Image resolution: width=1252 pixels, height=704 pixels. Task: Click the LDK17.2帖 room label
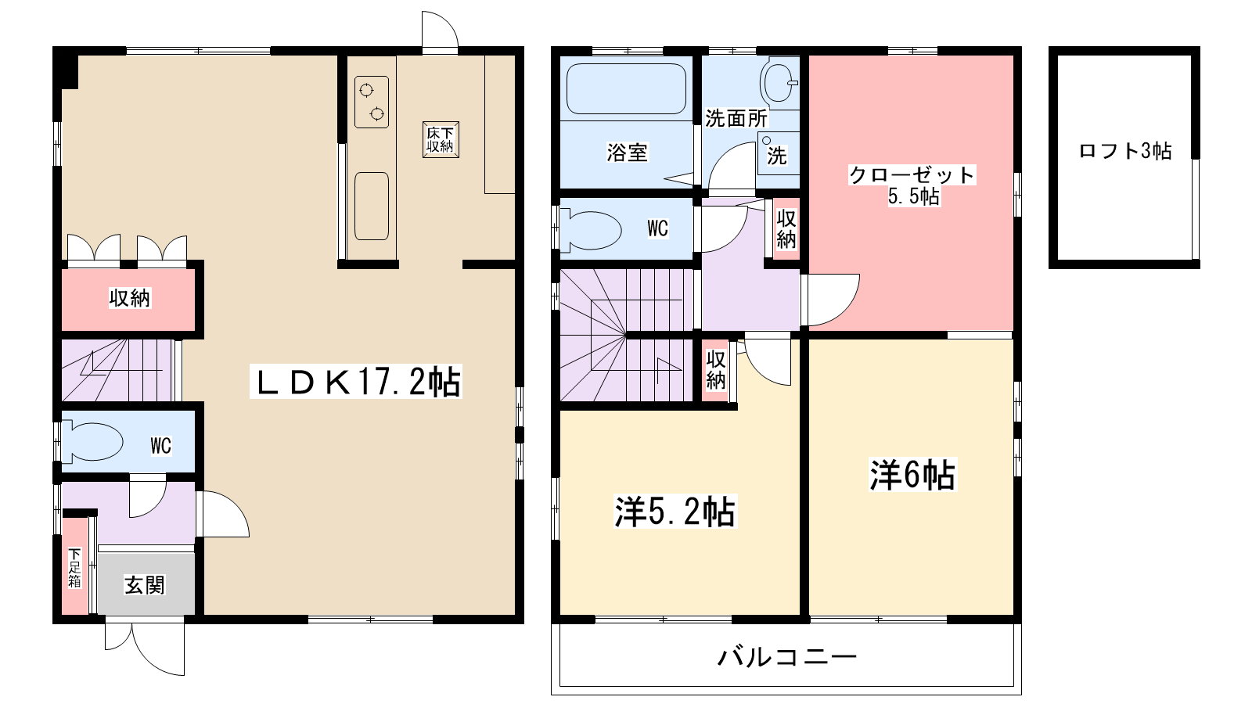(x=356, y=382)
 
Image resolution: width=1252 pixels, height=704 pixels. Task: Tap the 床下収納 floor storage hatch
(x=440, y=139)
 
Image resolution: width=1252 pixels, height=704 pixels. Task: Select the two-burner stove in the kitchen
(x=372, y=102)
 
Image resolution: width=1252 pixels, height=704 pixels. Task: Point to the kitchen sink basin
(x=372, y=206)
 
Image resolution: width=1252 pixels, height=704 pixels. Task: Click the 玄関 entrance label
(x=145, y=585)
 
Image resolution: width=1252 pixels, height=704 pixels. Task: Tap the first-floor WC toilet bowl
(x=94, y=443)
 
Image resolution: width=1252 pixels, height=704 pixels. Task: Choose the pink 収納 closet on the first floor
(x=129, y=298)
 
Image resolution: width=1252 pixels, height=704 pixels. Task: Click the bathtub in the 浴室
(x=626, y=88)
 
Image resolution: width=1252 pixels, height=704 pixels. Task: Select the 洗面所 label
(x=736, y=118)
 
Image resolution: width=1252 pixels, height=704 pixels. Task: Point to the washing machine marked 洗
(x=776, y=153)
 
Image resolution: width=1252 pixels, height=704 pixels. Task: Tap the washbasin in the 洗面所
(x=779, y=81)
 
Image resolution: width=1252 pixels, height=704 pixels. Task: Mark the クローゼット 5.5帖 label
(x=912, y=185)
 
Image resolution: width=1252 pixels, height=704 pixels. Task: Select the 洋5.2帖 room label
(x=675, y=512)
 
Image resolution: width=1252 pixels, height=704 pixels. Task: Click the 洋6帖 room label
(x=912, y=474)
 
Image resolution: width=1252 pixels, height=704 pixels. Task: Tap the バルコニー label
(x=787, y=656)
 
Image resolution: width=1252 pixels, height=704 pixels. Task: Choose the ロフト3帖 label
(x=1125, y=151)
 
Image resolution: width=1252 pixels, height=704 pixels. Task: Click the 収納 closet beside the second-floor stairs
(x=716, y=370)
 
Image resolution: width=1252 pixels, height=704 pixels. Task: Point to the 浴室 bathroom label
(x=627, y=152)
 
